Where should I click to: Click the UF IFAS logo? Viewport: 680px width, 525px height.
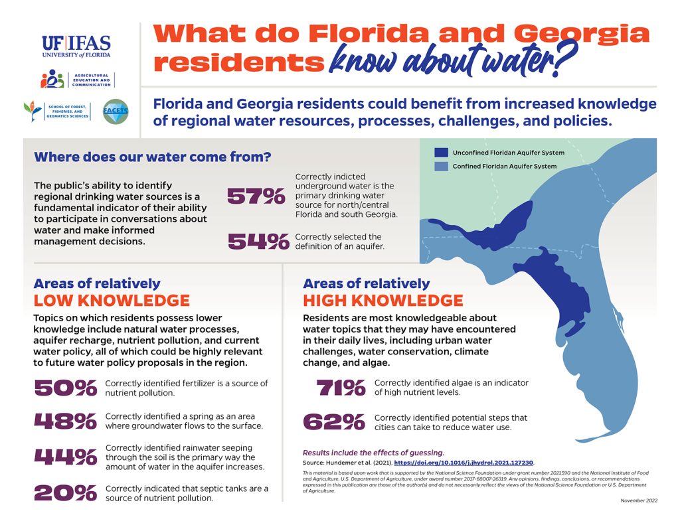(76, 46)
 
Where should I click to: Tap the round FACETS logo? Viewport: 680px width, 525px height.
(116, 112)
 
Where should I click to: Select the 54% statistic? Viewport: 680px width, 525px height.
(258, 242)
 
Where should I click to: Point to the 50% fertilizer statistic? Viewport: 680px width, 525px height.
(65, 388)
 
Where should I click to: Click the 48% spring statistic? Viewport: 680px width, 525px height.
(65, 421)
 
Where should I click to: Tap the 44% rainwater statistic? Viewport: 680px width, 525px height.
(65, 457)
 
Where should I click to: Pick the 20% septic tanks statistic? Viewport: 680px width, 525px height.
(65, 492)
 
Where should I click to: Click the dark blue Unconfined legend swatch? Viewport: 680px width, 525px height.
(442, 153)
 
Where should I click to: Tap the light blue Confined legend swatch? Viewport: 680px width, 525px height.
(442, 167)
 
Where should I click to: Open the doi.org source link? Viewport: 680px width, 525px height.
(464, 462)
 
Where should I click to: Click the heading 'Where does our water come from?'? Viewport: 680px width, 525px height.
(152, 157)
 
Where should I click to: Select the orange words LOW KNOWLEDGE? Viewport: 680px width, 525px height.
(112, 300)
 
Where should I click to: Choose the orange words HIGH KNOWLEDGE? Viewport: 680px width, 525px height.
(383, 300)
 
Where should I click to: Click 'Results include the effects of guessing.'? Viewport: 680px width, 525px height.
(373, 452)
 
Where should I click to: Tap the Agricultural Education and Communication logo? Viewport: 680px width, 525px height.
(77, 79)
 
